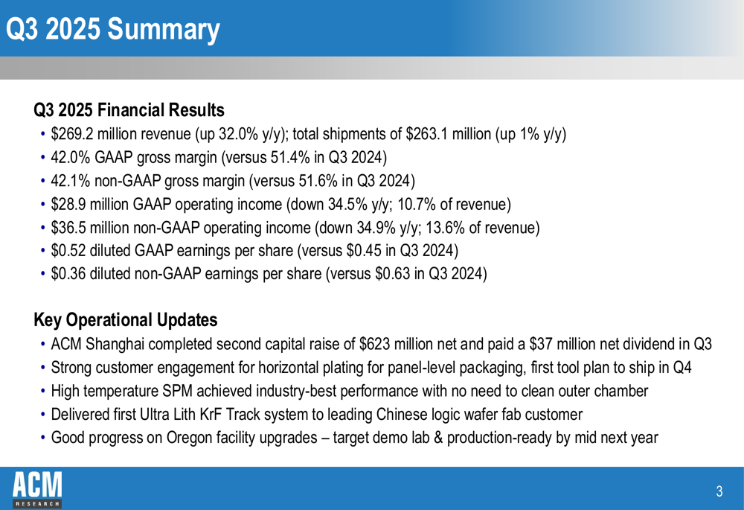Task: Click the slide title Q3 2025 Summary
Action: [112, 29]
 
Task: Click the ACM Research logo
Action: [37, 488]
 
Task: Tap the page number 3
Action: [719, 491]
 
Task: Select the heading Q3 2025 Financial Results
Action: [129, 110]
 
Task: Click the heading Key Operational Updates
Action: [126, 320]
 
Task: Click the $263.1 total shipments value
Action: [429, 135]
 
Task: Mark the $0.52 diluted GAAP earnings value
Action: [67, 250]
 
